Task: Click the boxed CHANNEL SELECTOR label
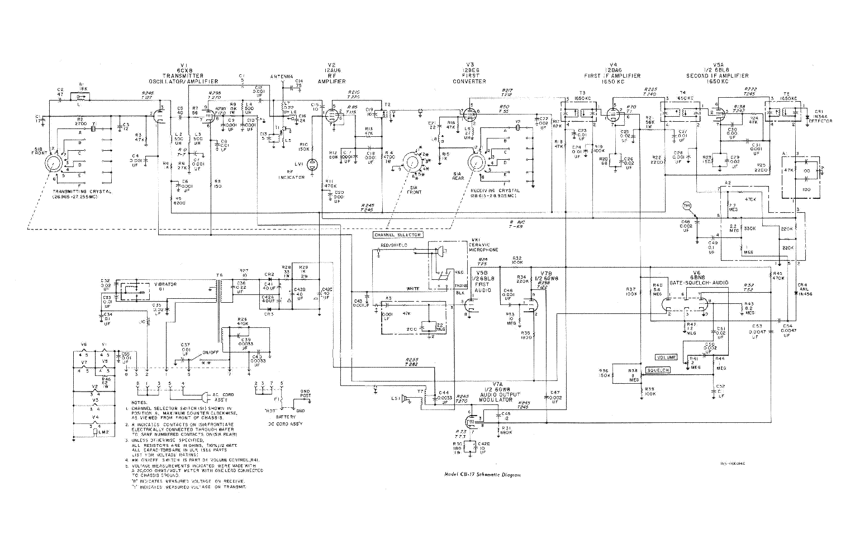399,235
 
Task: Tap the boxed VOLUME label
666,357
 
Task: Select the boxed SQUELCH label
658,370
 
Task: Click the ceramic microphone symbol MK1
440,252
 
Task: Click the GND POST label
305,394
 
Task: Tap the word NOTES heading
139,402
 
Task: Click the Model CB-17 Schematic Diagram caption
482,475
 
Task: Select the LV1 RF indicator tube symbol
312,164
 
